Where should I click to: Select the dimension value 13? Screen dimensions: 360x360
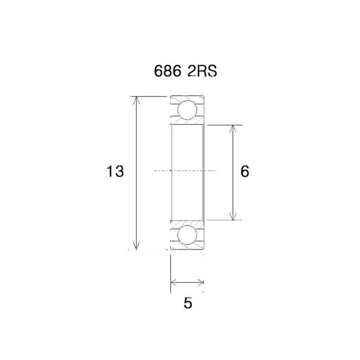[115, 172]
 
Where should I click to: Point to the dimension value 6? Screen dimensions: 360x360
[244, 172]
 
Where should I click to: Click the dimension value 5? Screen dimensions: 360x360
[188, 304]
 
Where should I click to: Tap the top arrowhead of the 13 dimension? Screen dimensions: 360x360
[137, 98]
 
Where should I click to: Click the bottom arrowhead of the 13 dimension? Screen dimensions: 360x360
[137, 246]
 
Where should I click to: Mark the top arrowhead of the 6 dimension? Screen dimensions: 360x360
[234, 128]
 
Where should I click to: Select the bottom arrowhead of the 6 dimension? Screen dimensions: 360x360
[234, 217]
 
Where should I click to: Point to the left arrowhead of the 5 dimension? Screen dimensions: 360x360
[173, 281]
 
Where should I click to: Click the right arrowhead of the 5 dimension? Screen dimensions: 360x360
[202, 281]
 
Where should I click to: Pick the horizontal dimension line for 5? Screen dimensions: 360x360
[187, 281]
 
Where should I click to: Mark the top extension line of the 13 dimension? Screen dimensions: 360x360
[150, 95]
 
